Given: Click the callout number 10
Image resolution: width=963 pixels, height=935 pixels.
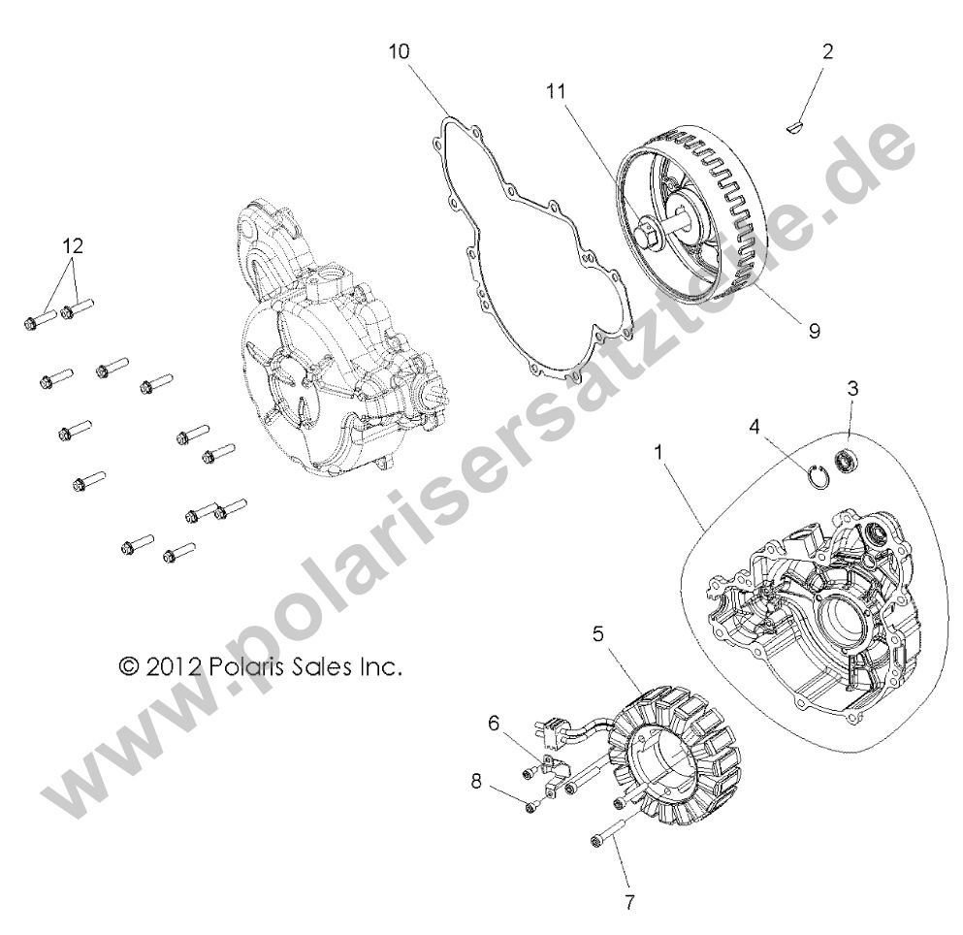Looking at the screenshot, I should pyautogui.click(x=399, y=52).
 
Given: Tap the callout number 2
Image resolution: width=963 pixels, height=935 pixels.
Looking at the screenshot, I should pyautogui.click(x=826, y=50).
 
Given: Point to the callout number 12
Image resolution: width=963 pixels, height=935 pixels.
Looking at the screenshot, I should pyautogui.click(x=73, y=246).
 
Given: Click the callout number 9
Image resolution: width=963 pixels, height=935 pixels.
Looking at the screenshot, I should pyautogui.click(x=814, y=331).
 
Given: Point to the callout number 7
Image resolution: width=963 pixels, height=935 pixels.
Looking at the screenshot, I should pyautogui.click(x=629, y=902).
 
